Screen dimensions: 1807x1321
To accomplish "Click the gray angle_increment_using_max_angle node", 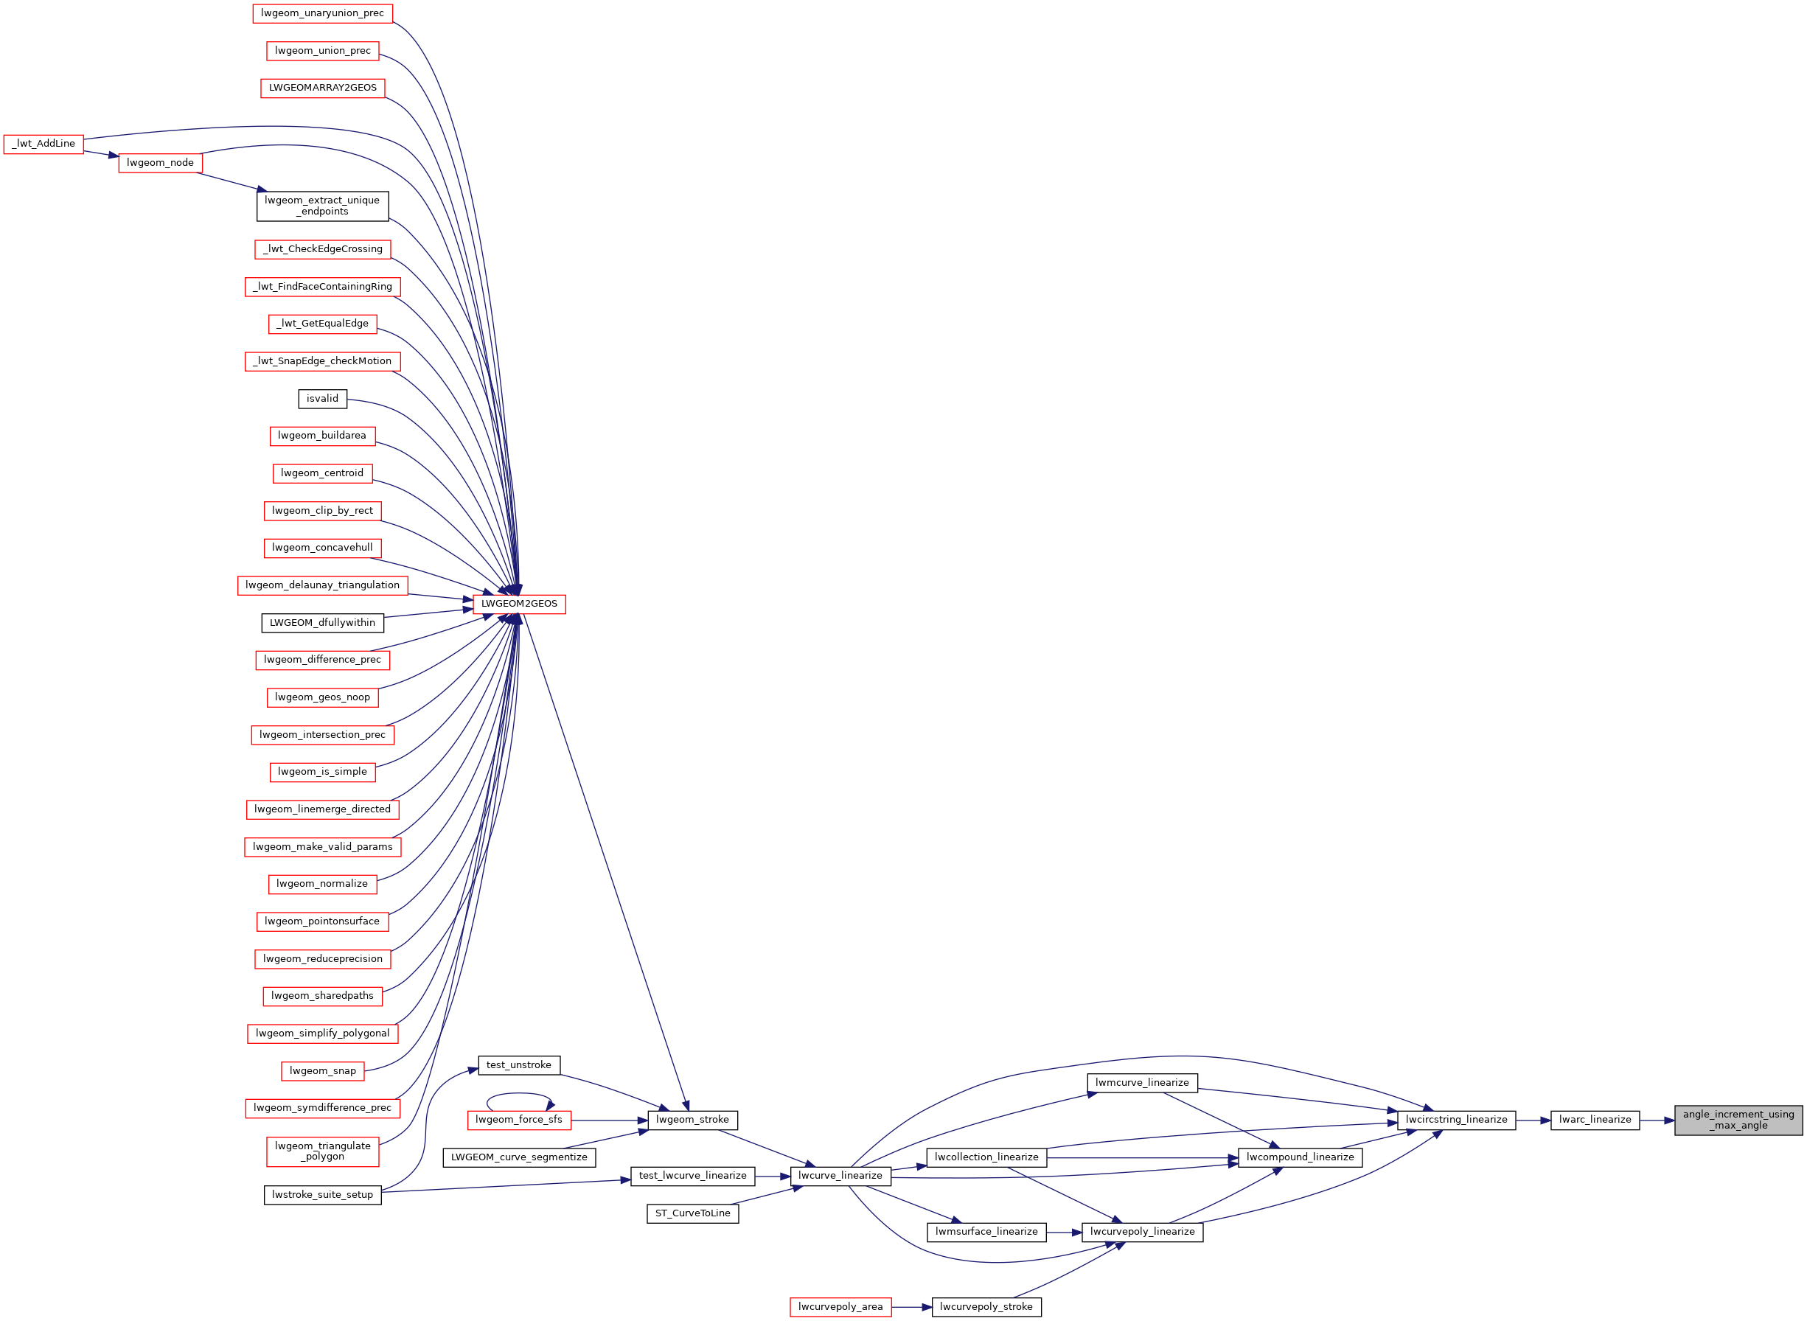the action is point(1738,1120).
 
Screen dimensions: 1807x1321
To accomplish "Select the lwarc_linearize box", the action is point(1595,1120).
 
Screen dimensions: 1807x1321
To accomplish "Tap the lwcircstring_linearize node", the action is point(1456,1120).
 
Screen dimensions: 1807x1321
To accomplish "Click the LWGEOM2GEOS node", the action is point(519,604).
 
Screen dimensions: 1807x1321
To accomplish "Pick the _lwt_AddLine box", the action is point(43,144).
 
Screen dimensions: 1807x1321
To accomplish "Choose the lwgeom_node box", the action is point(160,162).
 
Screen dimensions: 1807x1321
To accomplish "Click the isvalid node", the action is point(322,398).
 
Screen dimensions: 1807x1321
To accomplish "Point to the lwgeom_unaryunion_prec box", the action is point(322,13).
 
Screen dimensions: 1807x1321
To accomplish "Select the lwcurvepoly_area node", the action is point(840,1306).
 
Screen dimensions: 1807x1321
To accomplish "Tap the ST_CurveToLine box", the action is point(692,1213).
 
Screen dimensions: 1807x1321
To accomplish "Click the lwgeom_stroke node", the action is point(692,1120).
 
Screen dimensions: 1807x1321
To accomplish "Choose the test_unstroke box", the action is point(519,1065).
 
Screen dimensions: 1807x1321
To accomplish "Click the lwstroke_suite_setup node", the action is point(322,1195).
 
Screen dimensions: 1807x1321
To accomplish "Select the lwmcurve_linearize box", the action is point(1142,1083).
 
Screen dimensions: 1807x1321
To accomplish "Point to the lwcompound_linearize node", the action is point(1300,1157).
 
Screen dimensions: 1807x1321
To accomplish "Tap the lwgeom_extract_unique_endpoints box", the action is point(322,206).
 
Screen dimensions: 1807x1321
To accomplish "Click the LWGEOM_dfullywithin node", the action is point(322,622).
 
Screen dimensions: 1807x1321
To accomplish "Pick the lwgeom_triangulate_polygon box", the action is point(322,1151).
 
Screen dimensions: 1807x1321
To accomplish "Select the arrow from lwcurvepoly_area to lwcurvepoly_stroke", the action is point(911,1306).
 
